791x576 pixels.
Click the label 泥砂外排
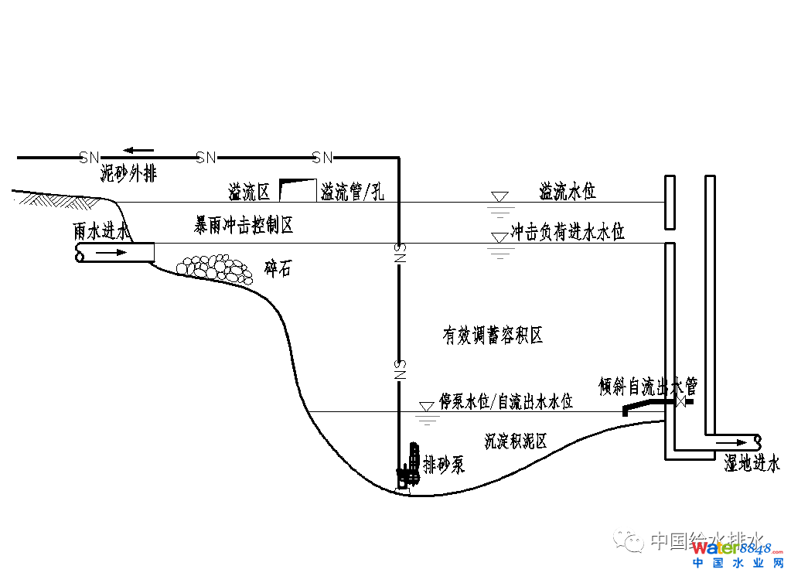tap(128, 174)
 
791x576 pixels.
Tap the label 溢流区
tap(249, 191)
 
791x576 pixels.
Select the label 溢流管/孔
tap(353, 191)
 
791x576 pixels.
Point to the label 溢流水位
tap(568, 190)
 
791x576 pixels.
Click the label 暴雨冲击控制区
tap(244, 226)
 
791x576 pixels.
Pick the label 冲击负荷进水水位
tap(568, 231)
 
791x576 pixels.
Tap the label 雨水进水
tap(102, 231)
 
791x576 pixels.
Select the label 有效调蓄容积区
tap(493, 335)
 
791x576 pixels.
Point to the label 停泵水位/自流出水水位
tap(506, 401)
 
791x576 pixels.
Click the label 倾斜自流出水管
tap(648, 385)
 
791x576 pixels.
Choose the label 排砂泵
tap(444, 465)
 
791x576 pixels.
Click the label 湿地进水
tap(752, 463)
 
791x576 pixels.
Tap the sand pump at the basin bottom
tap(407, 468)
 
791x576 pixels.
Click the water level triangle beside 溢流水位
tap(500, 197)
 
